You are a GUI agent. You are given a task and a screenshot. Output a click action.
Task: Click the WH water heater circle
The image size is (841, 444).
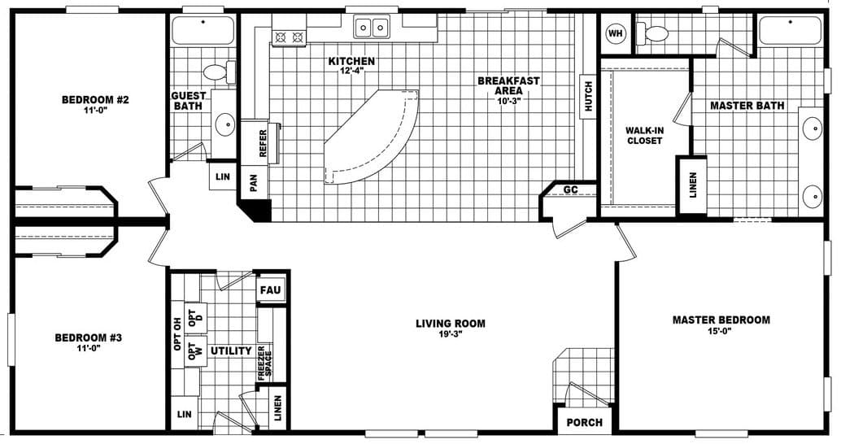(x=616, y=33)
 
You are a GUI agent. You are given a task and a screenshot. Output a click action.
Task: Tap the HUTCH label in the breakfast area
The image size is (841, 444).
(x=588, y=97)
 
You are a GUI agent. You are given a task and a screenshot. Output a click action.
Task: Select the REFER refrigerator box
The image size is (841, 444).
(x=263, y=143)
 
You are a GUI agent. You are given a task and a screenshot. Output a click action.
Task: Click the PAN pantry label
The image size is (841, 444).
(x=253, y=184)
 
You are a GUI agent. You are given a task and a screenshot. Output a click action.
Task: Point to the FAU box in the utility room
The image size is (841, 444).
(x=269, y=290)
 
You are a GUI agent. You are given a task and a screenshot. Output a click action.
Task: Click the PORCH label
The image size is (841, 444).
(x=585, y=422)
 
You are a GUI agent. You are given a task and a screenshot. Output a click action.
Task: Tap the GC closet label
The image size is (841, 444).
(x=571, y=191)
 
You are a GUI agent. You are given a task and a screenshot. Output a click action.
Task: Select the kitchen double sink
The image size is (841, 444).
(x=373, y=28)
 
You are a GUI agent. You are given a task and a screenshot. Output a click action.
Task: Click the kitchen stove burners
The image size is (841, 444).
(x=289, y=36)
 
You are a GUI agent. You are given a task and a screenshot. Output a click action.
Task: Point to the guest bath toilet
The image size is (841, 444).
(x=217, y=72)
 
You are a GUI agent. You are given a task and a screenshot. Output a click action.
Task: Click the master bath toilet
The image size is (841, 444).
(x=654, y=34)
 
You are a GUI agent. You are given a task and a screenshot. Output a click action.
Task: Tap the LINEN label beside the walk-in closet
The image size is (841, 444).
(x=692, y=185)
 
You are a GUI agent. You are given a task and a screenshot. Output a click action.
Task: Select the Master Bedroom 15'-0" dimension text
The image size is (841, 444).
(x=721, y=333)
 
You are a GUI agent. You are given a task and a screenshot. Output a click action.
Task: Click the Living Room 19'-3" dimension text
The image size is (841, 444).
(x=450, y=336)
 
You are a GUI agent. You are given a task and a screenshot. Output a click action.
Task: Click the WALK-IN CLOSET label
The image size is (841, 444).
(x=644, y=135)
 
